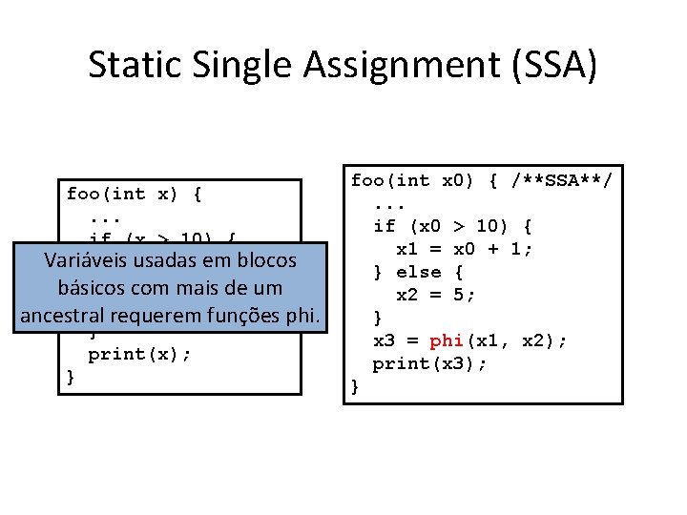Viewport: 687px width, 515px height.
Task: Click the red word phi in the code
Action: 447,340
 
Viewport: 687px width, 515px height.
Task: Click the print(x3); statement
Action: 429,363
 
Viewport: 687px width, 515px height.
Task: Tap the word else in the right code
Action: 418,272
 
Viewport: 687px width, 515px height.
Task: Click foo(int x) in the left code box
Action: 122,194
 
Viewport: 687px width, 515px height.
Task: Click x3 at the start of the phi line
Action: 384,340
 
